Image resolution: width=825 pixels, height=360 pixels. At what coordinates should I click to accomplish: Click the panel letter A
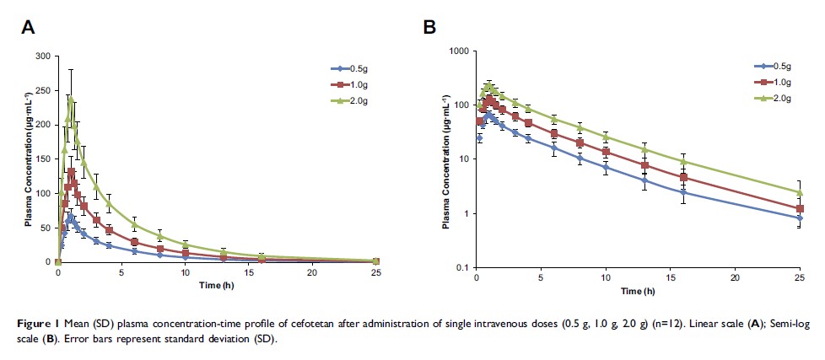pyautogui.click(x=28, y=27)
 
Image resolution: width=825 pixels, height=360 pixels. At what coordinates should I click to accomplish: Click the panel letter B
pyautogui.click(x=429, y=27)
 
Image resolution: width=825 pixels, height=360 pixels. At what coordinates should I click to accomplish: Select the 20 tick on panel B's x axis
pyautogui.click(x=734, y=278)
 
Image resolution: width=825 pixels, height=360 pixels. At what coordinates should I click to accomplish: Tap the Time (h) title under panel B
pyautogui.click(x=638, y=291)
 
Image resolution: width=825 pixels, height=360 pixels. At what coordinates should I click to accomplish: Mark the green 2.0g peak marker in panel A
pyautogui.click(x=71, y=99)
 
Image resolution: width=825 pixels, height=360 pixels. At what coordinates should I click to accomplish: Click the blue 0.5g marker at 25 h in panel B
pyautogui.click(x=799, y=218)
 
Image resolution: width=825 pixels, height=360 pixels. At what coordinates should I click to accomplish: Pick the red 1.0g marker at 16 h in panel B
pyautogui.click(x=683, y=178)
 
